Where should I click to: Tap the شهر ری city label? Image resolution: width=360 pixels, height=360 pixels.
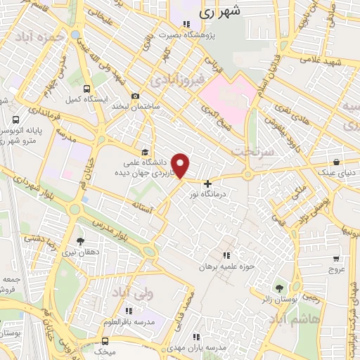click(220, 11)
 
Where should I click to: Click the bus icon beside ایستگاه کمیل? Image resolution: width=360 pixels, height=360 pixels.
click(86, 89)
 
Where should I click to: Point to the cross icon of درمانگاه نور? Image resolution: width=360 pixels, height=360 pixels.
click(207, 184)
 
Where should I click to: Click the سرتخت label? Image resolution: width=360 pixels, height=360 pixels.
click(251, 151)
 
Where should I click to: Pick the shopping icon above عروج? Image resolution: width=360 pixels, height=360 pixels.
click(336, 257)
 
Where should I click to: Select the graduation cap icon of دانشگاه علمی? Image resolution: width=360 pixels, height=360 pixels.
click(145, 152)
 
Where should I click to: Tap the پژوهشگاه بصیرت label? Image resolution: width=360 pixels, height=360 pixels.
click(223, 34)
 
